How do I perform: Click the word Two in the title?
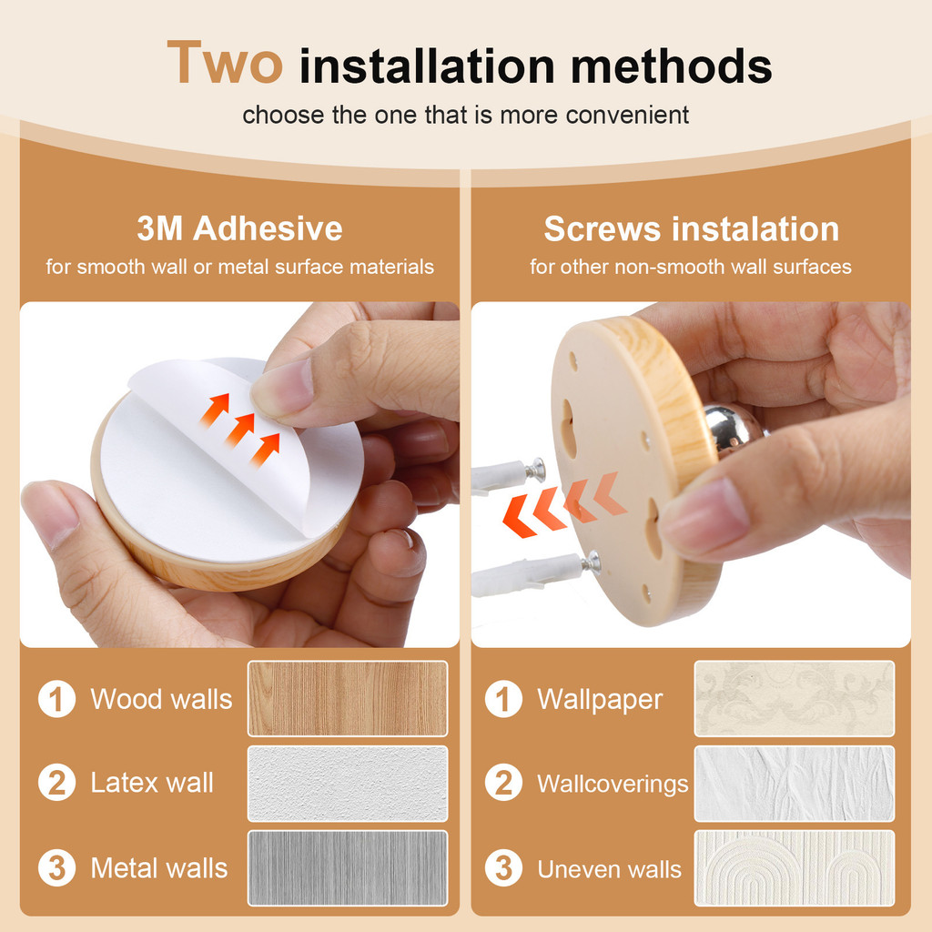coord(225,63)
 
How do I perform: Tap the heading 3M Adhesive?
coord(239,228)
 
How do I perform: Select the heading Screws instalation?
coord(692,228)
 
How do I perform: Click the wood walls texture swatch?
coord(348,698)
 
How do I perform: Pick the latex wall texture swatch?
coord(348,784)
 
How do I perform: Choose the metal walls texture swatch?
coord(348,868)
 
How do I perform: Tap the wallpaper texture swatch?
coord(794,698)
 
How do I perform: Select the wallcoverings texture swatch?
coord(794,784)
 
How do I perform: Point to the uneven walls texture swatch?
coord(794,868)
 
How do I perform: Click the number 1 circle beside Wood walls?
coord(57,699)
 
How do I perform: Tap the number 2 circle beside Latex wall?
coord(57,782)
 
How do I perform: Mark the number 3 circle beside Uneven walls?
coord(503,867)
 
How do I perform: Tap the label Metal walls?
coord(159,868)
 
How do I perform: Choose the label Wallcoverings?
coord(613,784)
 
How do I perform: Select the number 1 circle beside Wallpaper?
coord(503,699)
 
